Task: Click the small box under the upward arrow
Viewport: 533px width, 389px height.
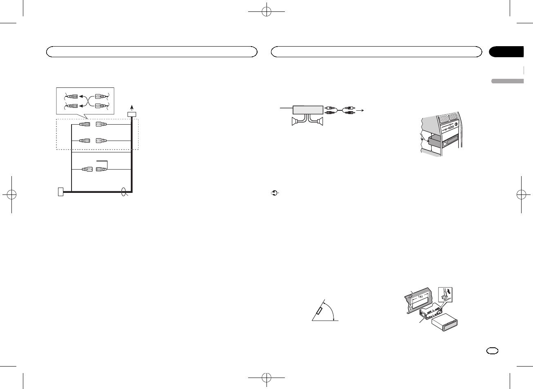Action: tap(132, 114)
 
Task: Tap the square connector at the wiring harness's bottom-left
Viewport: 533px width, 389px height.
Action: tap(61, 191)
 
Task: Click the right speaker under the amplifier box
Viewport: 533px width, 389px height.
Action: tap(320, 121)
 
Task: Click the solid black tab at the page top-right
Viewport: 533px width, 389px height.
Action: tap(506, 52)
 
